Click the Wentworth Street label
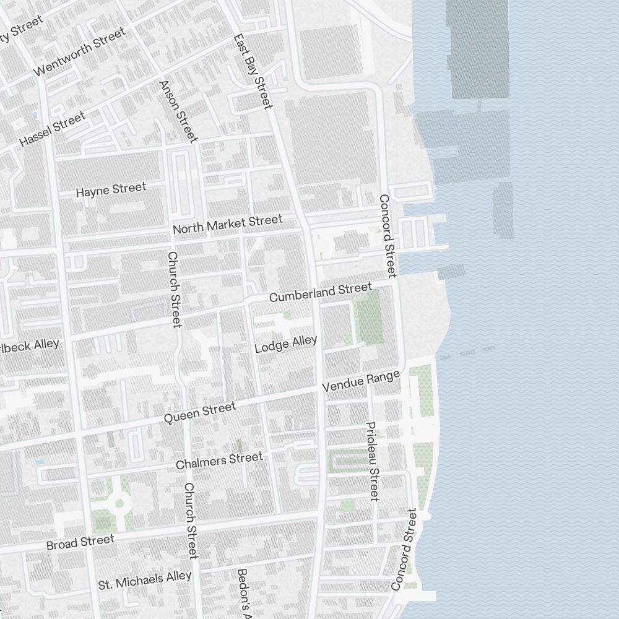click(x=79, y=51)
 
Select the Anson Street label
click(x=178, y=111)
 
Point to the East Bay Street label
click(x=253, y=71)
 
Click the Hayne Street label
click(x=111, y=189)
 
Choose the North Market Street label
click(x=227, y=224)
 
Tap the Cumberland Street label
click(x=320, y=292)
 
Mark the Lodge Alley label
click(x=286, y=344)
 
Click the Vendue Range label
click(x=361, y=382)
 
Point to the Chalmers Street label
click(x=219, y=461)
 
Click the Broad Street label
click(x=80, y=542)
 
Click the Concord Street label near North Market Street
click(x=387, y=235)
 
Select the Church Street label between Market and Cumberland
click(x=175, y=289)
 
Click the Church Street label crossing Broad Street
click(x=191, y=520)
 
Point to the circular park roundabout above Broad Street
click(x=118, y=503)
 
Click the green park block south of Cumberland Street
click(x=369, y=318)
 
